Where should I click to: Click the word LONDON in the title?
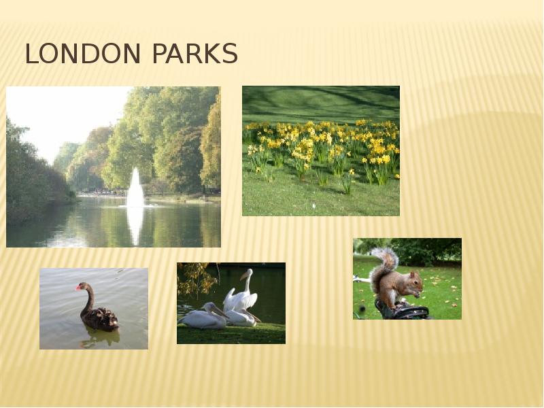pyautogui.click(x=84, y=54)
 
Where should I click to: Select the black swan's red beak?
pyautogui.click(x=78, y=288)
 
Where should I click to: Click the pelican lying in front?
pyautogui.click(x=204, y=318)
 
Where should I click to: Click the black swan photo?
pyautogui.click(x=94, y=308)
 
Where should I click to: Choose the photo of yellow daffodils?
pyautogui.click(x=321, y=150)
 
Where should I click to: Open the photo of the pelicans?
pyautogui.click(x=231, y=303)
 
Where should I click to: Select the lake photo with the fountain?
pyautogui.click(x=113, y=167)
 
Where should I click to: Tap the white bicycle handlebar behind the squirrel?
pyautogui.click(x=362, y=279)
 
